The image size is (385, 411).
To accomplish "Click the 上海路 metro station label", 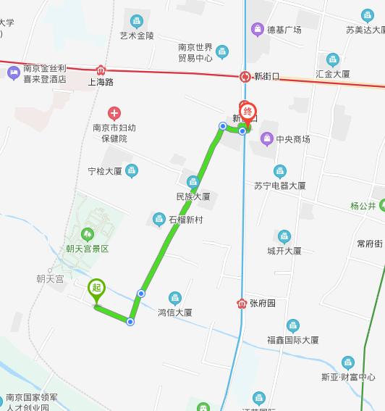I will (101, 82).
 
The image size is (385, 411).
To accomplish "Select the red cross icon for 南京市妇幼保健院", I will (114, 113).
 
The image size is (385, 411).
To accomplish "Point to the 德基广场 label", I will (284, 30).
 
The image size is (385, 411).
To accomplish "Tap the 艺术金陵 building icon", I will (137, 21).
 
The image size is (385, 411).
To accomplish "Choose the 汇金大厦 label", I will (333, 74).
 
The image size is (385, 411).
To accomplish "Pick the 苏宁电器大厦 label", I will (280, 186).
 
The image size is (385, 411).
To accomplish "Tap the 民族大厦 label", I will (192, 196).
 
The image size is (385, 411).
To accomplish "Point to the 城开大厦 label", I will (284, 251).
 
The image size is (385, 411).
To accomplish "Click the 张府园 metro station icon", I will (241, 303).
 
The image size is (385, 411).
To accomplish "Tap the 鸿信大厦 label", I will (174, 312).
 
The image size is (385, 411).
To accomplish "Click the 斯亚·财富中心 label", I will (348, 377).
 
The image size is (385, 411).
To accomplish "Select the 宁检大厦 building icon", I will (131, 171).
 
